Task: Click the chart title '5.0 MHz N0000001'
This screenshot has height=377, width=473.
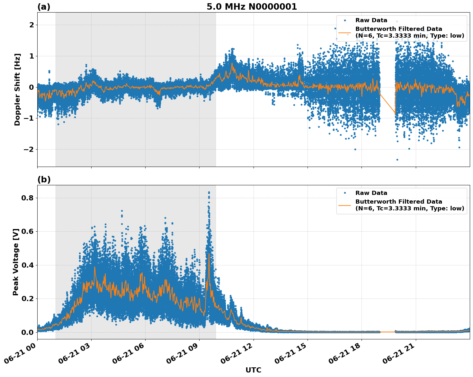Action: [252, 7]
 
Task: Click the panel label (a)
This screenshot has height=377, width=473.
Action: [44, 7]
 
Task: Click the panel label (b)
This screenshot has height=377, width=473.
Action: [44, 179]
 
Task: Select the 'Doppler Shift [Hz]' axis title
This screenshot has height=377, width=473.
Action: [17, 89]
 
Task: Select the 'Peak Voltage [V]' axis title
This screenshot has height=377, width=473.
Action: [16, 262]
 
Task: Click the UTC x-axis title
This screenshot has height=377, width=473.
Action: [253, 370]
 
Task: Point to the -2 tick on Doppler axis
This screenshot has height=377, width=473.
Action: [28, 150]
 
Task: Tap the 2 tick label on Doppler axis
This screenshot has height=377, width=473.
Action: [31, 25]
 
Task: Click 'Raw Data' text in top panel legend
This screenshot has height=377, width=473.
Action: [371, 21]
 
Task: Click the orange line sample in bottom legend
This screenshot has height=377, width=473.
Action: [345, 205]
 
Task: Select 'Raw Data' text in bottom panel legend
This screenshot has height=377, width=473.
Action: [371, 193]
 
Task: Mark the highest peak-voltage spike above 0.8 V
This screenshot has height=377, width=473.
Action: [209, 192]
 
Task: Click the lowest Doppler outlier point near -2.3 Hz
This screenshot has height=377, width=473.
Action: [397, 160]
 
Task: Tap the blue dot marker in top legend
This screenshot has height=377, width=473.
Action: [345, 21]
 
